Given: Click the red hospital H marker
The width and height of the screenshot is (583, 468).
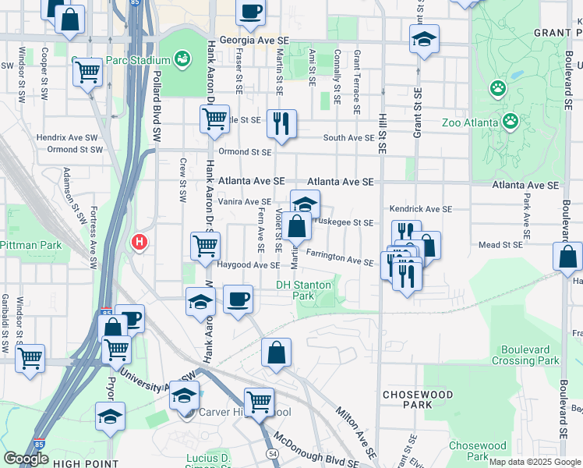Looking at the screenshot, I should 140,243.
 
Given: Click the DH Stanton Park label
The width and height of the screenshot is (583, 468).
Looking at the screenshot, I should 304,290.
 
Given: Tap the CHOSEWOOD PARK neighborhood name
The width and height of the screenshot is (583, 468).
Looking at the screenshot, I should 413,399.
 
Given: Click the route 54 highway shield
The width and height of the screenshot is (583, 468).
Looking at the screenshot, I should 273,453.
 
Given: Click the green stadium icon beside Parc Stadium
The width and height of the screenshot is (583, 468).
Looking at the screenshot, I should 182,58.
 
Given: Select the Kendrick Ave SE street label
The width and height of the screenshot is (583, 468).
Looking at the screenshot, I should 421,209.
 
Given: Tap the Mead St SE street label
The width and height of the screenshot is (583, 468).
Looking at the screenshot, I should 500,244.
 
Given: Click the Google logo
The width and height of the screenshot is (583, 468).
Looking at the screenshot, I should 26,459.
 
